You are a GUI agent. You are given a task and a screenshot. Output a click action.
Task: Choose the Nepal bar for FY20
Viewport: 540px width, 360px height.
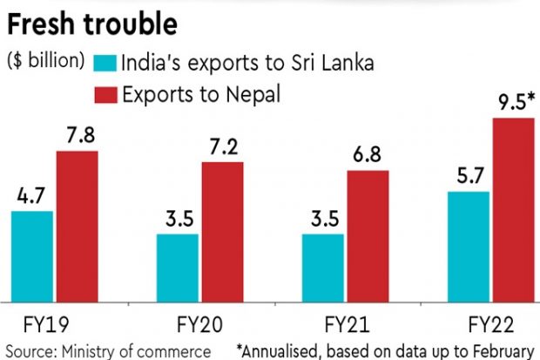(x=222, y=230)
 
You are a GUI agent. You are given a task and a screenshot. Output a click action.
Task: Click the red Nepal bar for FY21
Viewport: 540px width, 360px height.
(x=368, y=234)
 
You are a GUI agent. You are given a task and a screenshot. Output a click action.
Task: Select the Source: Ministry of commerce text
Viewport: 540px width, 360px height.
(x=106, y=350)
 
